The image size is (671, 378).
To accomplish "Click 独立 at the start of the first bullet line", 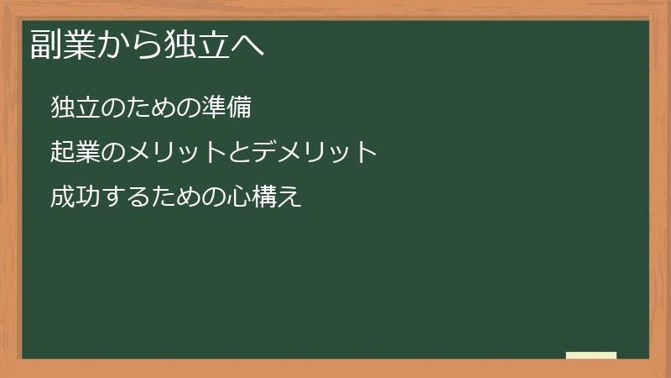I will tap(75, 108).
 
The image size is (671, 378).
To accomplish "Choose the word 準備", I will tap(226, 108).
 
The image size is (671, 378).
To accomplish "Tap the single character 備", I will tap(239, 108).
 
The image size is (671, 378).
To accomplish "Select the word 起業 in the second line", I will tap(75, 152).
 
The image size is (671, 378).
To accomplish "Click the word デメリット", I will tap(315, 152).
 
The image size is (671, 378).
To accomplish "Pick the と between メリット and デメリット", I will tap(240, 152).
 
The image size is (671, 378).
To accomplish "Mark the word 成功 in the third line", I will tap(75, 197).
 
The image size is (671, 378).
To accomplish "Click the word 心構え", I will tap(264, 197).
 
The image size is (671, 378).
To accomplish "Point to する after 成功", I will tap(126, 197).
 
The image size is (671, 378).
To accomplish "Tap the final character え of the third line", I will tap(289, 197).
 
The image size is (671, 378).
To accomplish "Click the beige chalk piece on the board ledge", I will tap(591, 355).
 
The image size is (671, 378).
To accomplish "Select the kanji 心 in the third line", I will tap(239, 197).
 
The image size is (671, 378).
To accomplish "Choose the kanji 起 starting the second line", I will tap(63, 152).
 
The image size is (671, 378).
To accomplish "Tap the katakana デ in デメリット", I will tap(265, 152).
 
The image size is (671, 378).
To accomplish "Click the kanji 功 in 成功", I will tap(88, 197).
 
